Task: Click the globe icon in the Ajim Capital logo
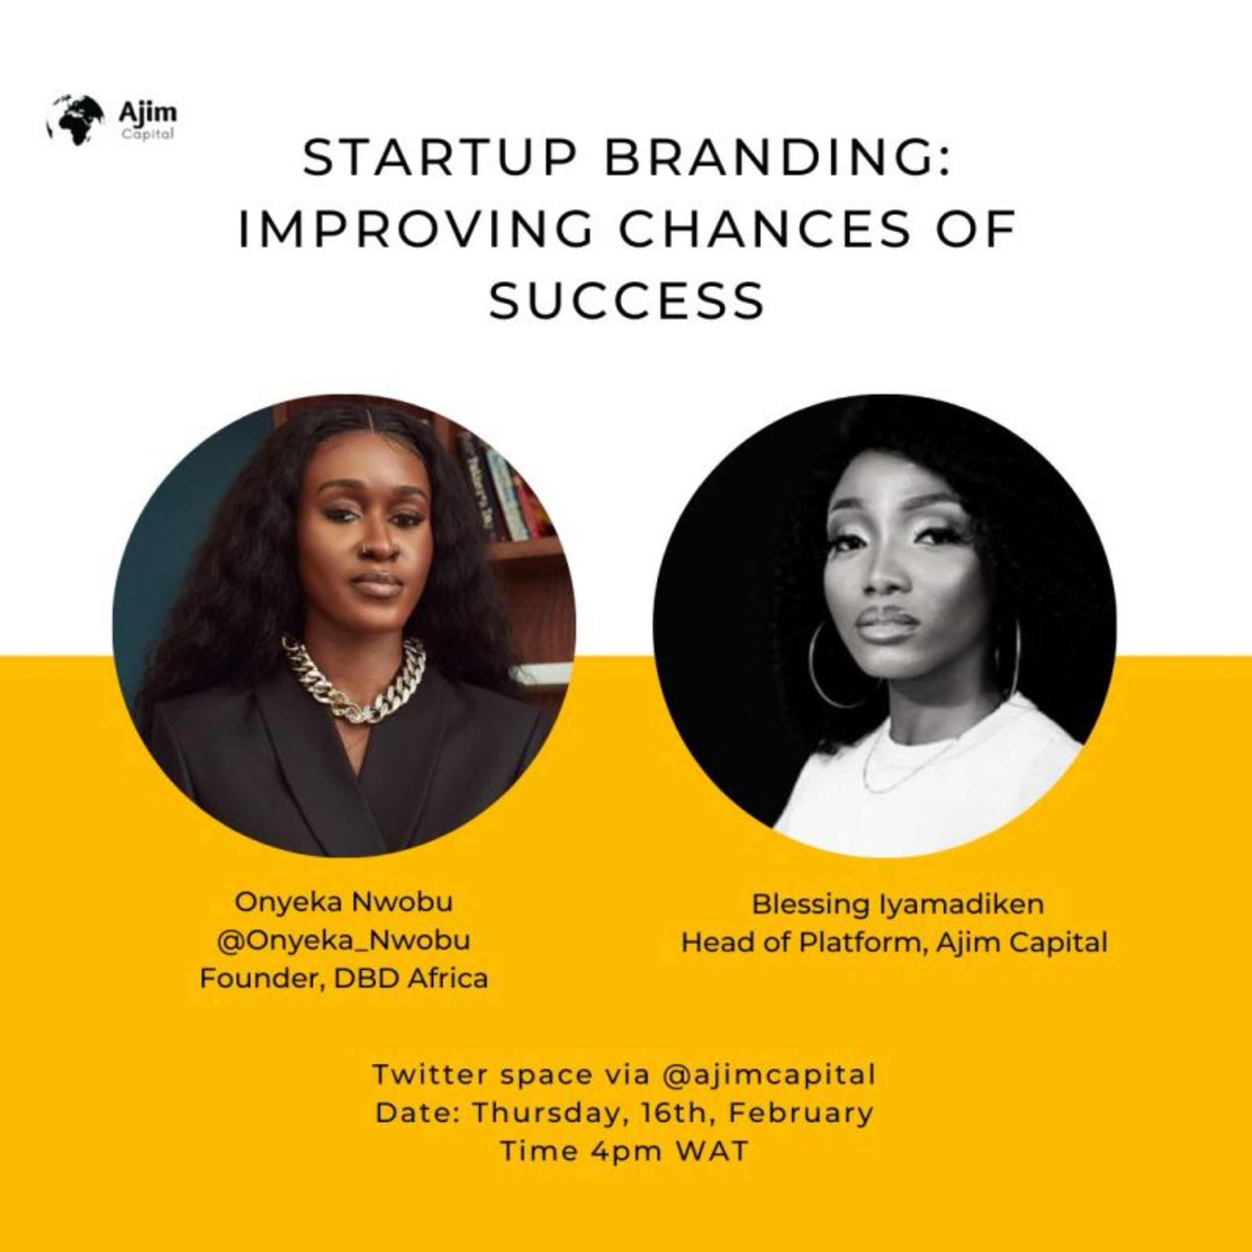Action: [75, 120]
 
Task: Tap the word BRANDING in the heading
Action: [777, 158]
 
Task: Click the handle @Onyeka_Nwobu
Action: [343, 940]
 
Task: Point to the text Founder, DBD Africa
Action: [343, 979]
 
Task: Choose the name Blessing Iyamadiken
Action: [898, 905]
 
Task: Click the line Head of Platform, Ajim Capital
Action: [894, 943]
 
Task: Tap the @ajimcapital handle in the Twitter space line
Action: [769, 1075]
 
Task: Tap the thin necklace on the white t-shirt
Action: [907, 765]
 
